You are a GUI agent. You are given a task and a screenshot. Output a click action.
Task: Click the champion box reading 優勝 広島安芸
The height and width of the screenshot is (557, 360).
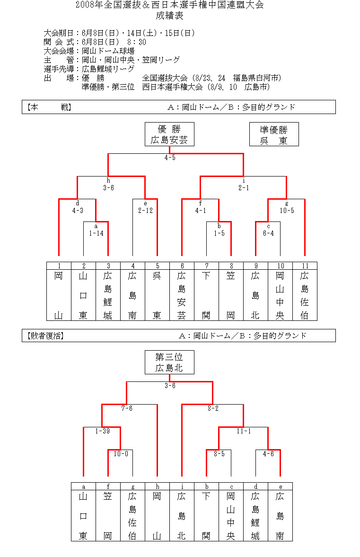coord(169,134)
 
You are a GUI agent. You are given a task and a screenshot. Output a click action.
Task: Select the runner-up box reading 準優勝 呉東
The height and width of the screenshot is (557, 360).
coord(274,134)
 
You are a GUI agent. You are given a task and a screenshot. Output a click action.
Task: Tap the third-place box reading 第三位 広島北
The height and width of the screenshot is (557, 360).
coord(169,362)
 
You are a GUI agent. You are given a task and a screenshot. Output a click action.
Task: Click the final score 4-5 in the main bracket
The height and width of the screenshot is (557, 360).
coord(170,158)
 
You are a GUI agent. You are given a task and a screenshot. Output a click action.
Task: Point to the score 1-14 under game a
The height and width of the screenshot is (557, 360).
coord(96,233)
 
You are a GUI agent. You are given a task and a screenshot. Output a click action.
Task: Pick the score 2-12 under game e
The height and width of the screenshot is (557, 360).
coord(145,211)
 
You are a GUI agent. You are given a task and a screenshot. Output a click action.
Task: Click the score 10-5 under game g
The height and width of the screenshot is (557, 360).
coord(287,211)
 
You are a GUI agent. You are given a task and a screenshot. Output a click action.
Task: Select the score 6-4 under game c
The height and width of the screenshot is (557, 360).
coord(268,233)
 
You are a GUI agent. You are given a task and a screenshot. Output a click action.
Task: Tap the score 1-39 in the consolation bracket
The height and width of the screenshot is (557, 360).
coord(102,431)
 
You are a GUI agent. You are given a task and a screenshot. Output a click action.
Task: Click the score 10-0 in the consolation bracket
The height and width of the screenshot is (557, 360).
coord(121,454)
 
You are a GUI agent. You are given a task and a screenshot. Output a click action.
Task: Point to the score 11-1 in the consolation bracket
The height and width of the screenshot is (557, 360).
coord(244,431)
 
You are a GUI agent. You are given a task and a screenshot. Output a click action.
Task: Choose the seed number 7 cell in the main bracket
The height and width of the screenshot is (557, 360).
coord(207,265)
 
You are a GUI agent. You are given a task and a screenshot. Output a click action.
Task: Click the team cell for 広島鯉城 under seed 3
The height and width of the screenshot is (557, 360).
coord(108,295)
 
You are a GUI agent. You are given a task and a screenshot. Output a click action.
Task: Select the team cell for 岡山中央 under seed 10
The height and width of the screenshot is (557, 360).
coord(280,295)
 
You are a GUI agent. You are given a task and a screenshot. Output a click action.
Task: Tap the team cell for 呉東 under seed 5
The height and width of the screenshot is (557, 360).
coord(157,295)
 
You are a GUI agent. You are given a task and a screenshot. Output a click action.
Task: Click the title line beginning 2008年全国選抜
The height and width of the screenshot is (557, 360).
coord(170,5)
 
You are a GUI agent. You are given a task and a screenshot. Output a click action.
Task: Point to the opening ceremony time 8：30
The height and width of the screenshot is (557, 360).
coord(137,42)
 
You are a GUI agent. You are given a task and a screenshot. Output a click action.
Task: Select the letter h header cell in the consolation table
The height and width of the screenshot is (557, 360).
coord(157,486)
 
